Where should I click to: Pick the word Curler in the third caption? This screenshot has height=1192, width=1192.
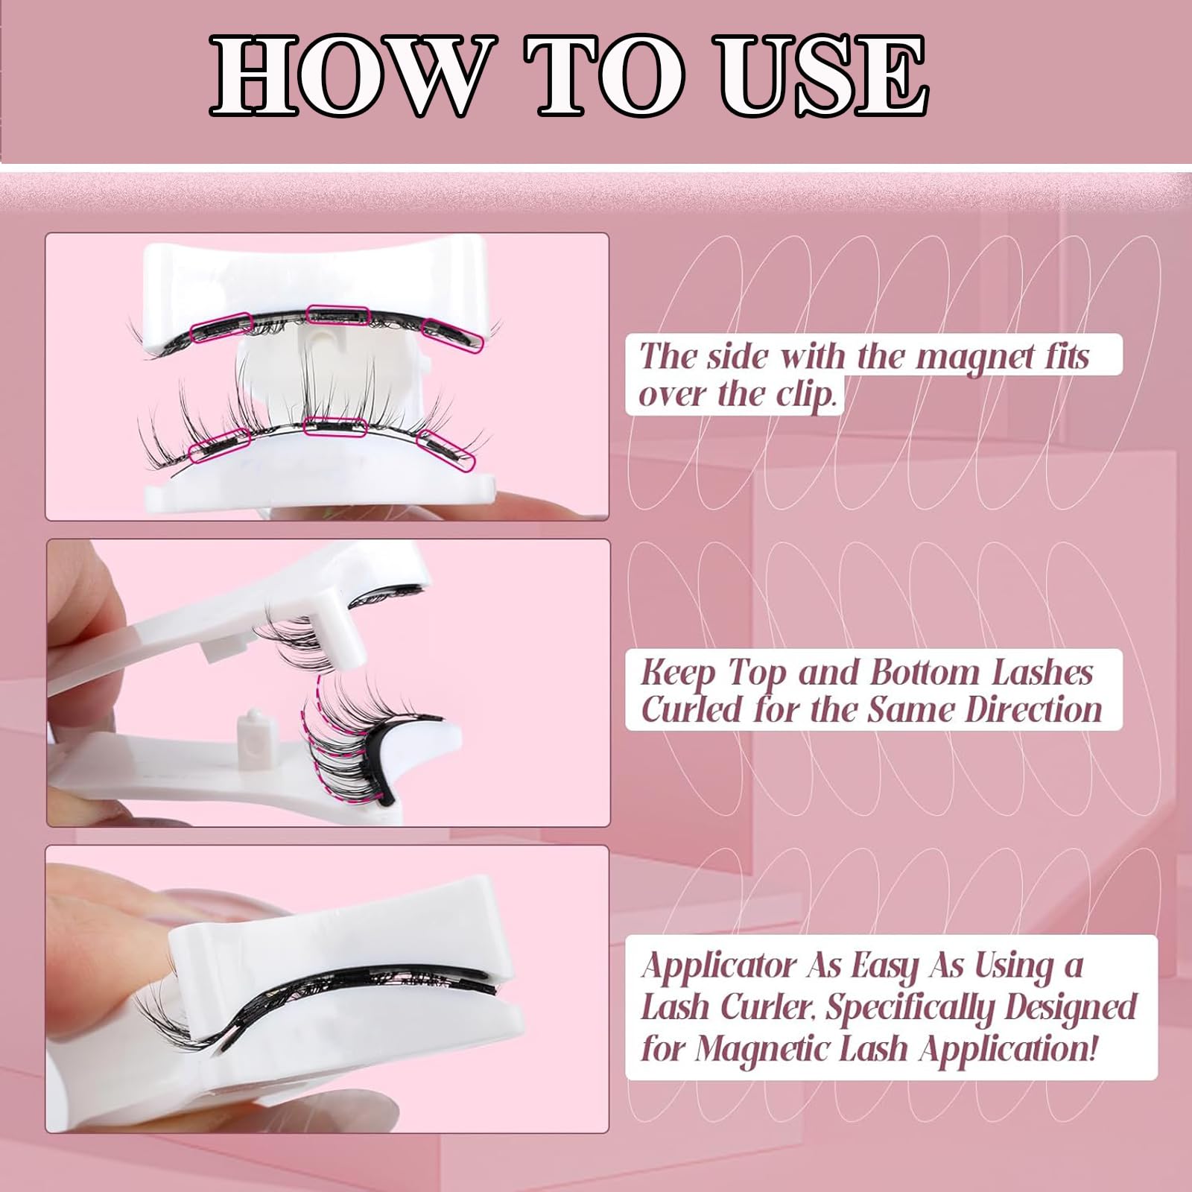pyautogui.click(x=770, y=1008)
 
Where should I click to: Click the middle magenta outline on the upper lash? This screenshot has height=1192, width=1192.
pyautogui.click(x=338, y=314)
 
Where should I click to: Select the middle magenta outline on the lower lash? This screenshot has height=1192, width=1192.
pyautogui.click(x=335, y=427)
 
